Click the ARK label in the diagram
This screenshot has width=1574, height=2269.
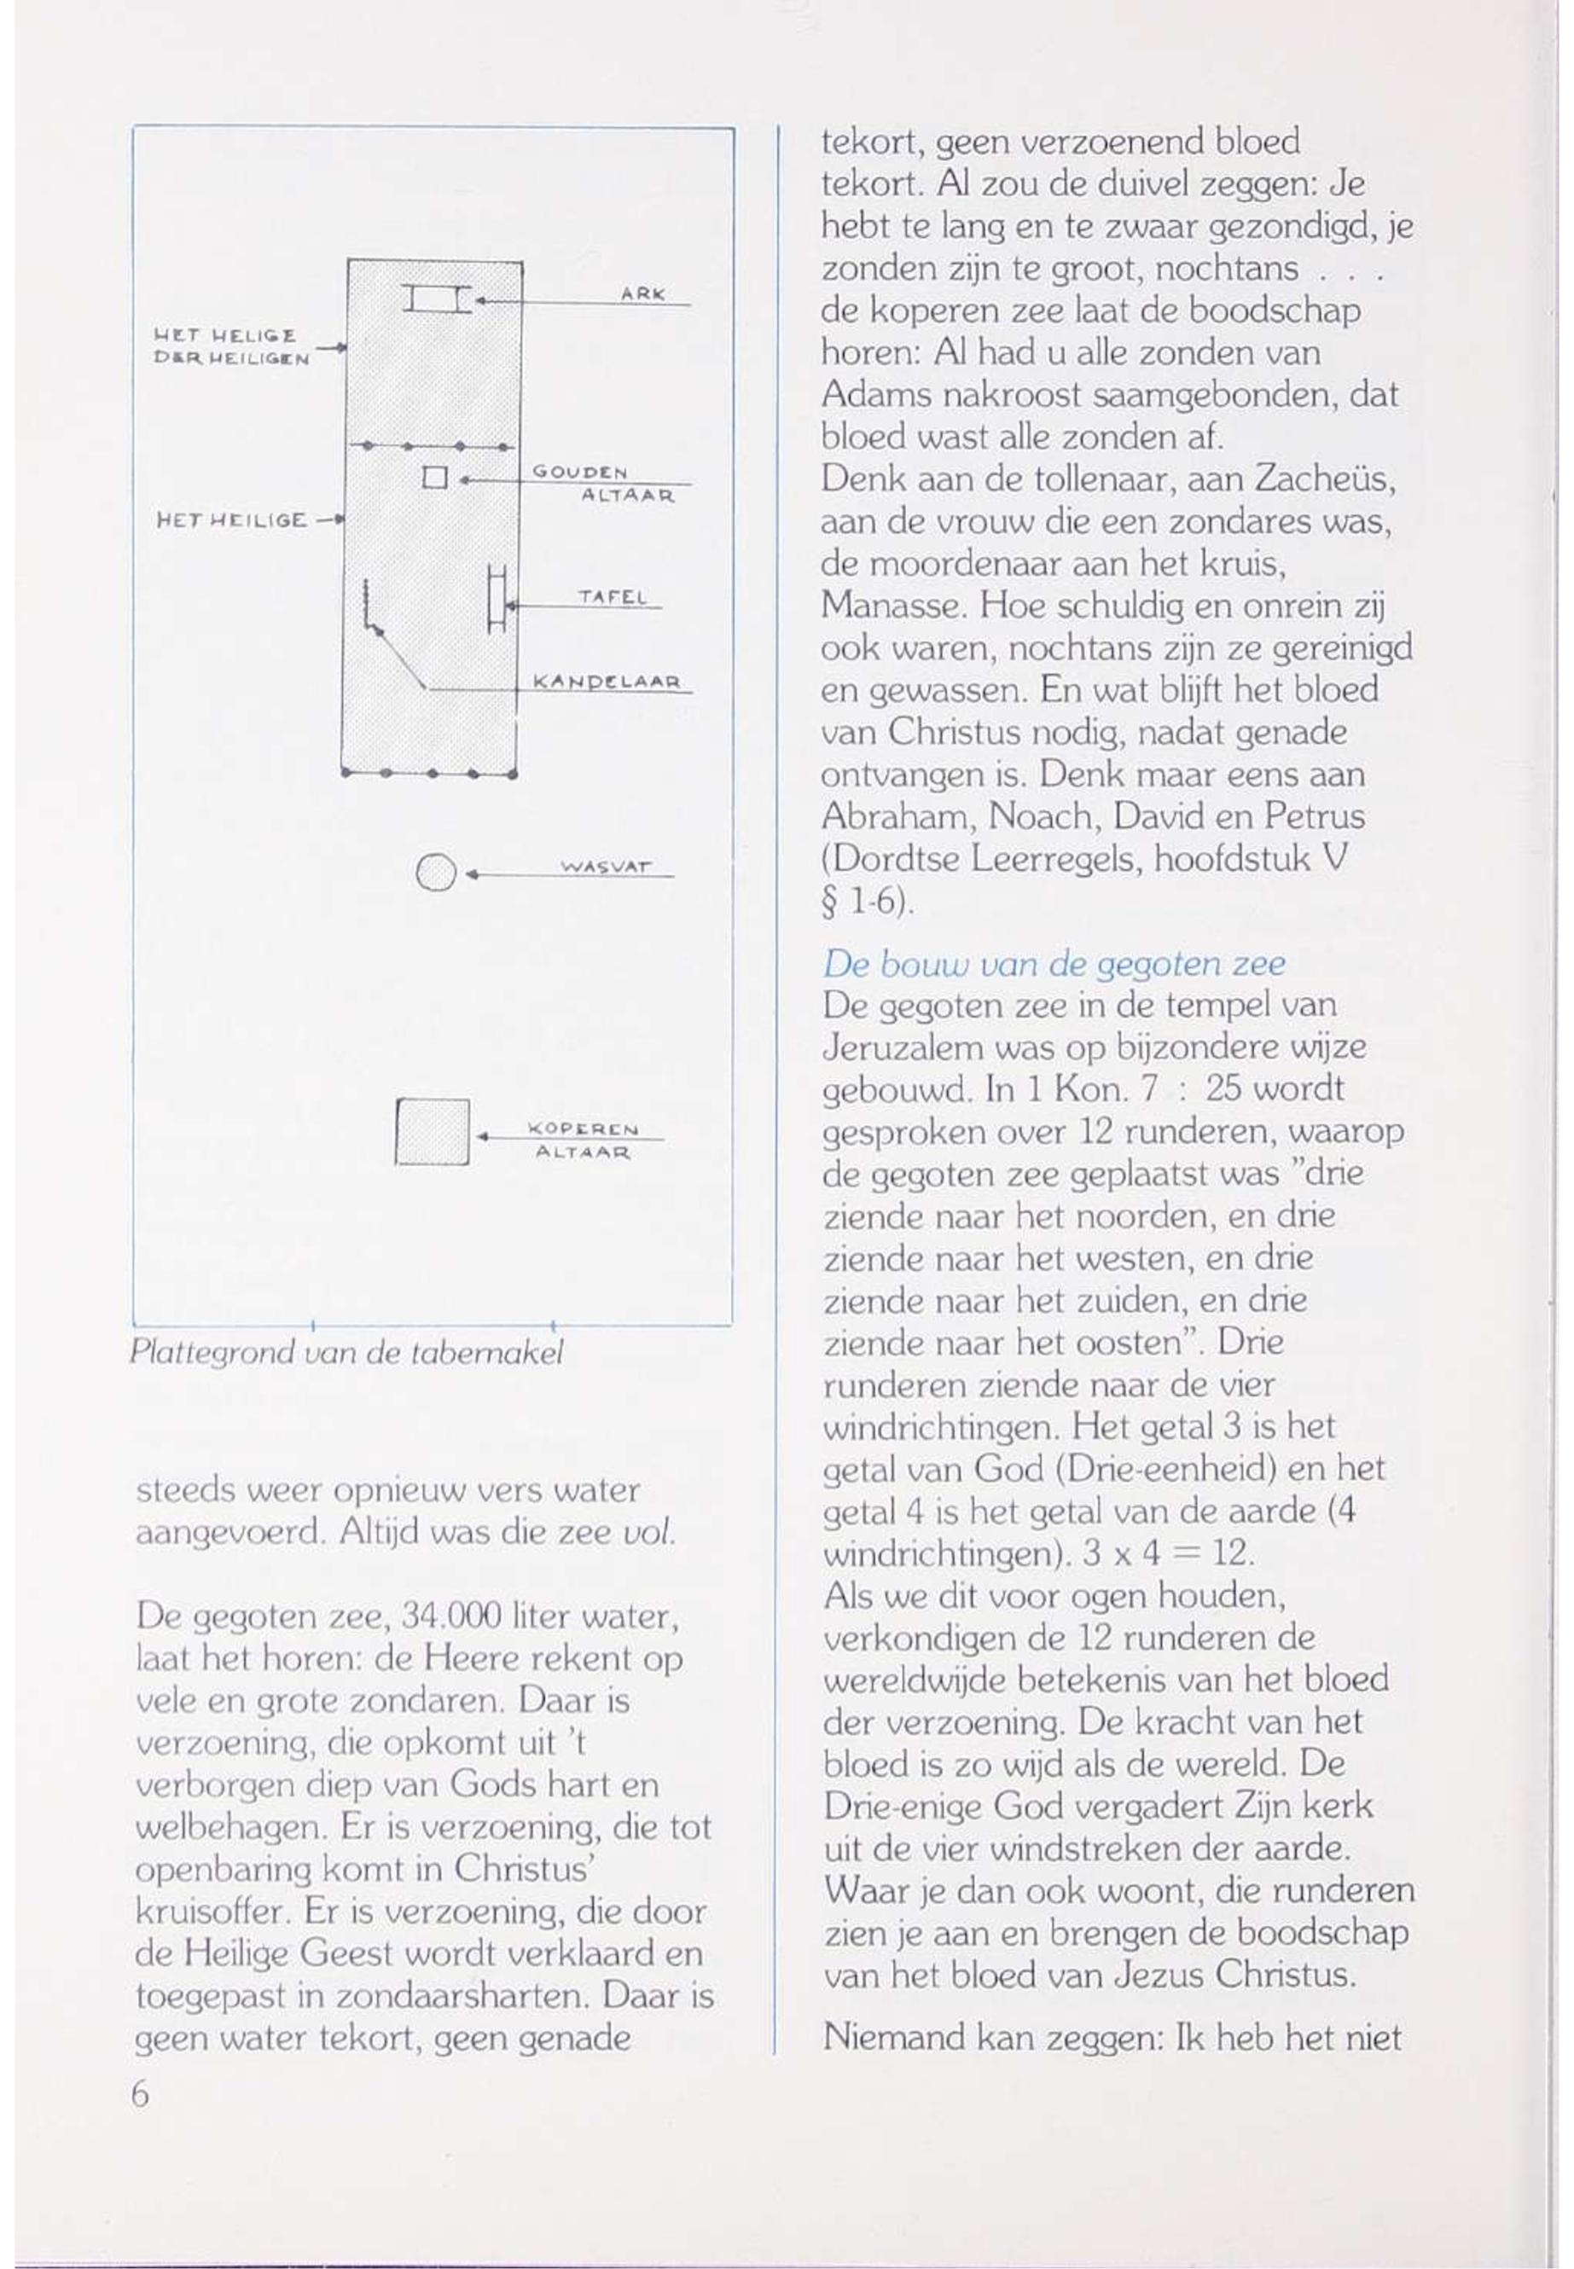[643, 293]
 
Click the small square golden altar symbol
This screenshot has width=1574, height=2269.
[435, 479]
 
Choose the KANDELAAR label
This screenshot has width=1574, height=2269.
[607, 682]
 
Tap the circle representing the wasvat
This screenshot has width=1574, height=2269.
[436, 873]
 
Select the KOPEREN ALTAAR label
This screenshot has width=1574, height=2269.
[584, 1139]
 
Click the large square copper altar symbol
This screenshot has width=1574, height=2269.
[432, 1131]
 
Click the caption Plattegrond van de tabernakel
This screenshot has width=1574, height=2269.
[346, 1352]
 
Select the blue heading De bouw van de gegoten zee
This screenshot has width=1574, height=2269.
[1054, 962]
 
